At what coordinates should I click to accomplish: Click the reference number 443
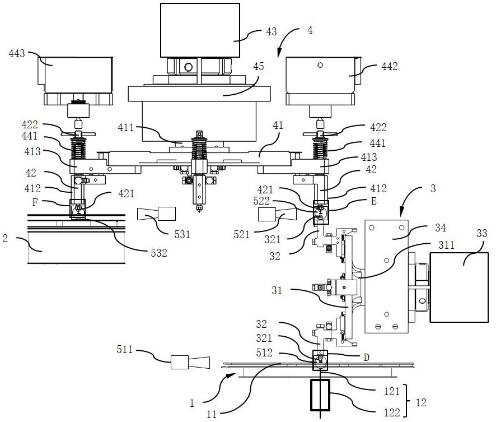point(17,53)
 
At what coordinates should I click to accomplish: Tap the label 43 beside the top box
point(271,31)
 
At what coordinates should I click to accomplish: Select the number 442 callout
point(389,66)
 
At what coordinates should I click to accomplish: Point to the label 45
point(259,67)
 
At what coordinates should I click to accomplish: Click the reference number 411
point(126,128)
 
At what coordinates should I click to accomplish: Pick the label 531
point(182,234)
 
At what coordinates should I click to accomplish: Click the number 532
point(158,253)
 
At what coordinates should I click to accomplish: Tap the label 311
point(446,245)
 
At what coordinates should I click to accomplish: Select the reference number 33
point(482,233)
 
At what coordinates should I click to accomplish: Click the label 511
point(124,349)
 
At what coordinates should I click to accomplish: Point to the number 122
point(392,412)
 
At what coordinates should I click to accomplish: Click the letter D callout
point(366,358)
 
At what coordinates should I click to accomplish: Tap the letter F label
point(35,202)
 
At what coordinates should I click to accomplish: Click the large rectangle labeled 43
point(200,30)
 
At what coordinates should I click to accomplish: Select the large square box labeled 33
point(459,287)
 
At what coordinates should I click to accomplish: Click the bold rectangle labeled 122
point(320,395)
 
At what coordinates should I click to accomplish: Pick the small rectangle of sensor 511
point(180,362)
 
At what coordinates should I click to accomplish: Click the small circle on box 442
point(320,65)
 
